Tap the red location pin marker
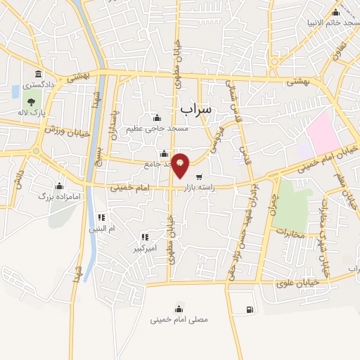181,165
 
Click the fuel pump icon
250,310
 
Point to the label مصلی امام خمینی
179,319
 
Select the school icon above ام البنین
101,217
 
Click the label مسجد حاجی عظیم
157,129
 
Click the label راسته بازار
210,189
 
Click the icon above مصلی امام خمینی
179,308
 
